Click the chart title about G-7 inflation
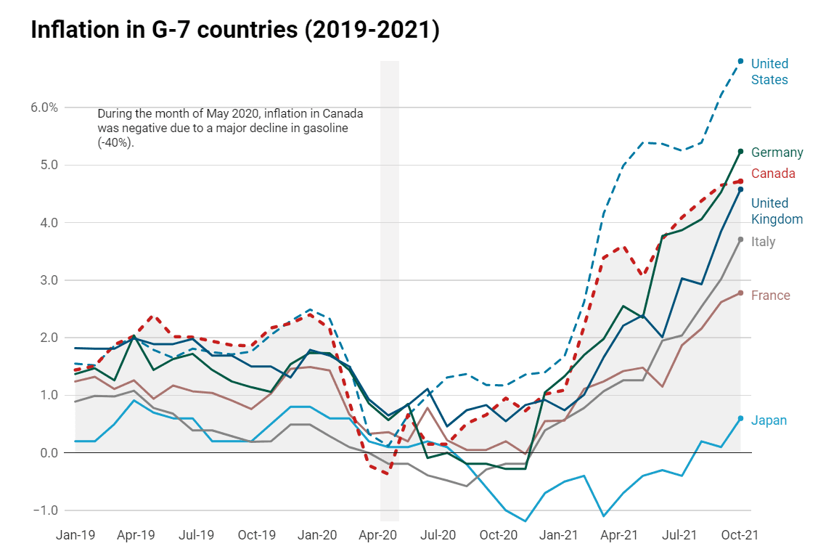(235, 30)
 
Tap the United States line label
(769, 72)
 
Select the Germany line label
(777, 152)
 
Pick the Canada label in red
(773, 174)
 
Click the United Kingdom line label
(777, 211)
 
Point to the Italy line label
(763, 242)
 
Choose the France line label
(770, 296)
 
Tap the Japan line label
(769, 420)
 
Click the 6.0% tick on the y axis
(44, 107)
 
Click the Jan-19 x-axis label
(75, 535)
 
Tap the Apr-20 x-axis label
(378, 535)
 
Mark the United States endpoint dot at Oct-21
(740, 61)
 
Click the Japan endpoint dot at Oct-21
(740, 418)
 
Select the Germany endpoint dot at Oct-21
(740, 151)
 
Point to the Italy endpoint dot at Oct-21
(740, 239)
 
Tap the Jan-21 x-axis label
(559, 535)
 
